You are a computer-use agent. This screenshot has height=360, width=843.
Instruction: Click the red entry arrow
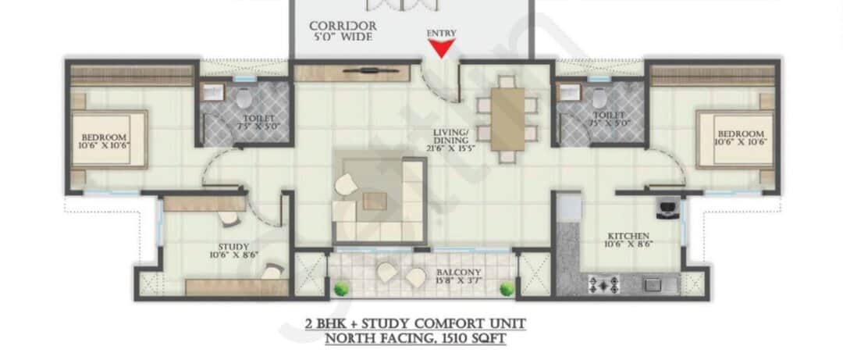(x=443, y=49)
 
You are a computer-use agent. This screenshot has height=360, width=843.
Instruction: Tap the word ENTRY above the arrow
(x=442, y=33)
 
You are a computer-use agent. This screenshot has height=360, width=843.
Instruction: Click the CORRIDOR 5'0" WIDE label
(x=343, y=31)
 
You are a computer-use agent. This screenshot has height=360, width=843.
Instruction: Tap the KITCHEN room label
(x=631, y=239)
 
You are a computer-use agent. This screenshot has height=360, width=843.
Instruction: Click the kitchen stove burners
(x=603, y=283)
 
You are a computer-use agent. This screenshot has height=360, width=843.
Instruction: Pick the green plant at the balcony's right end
(x=507, y=289)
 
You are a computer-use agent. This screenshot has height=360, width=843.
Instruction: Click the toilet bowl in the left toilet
(x=244, y=99)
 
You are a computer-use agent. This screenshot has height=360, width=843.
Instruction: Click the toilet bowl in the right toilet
(x=600, y=98)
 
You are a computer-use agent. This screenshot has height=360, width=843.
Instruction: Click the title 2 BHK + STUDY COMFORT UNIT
(x=415, y=323)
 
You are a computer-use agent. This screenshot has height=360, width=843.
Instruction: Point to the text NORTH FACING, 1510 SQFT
(x=415, y=338)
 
